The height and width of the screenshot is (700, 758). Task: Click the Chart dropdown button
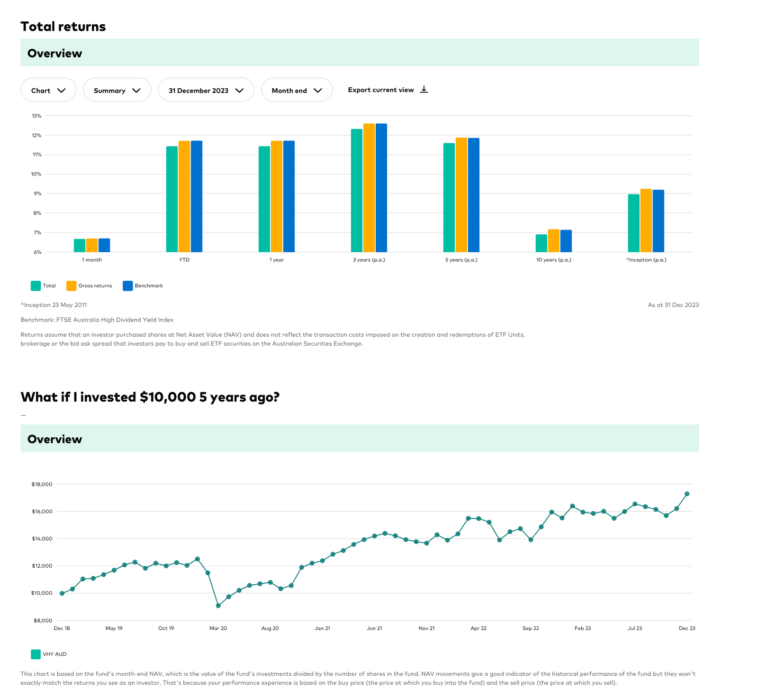point(48,90)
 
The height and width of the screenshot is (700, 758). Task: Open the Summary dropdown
point(117,90)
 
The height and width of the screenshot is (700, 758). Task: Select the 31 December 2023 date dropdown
point(206,90)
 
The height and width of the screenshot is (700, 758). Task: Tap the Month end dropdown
point(297,90)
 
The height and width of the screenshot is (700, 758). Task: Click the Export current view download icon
point(424,90)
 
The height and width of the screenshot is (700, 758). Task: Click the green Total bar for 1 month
point(80,245)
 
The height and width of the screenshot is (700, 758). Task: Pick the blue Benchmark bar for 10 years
point(566,241)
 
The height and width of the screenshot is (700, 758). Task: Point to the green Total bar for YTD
point(172,199)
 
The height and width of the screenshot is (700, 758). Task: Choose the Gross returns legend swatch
point(72,286)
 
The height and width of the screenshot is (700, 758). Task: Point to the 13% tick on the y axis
point(36,116)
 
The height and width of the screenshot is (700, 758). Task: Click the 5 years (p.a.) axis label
point(461,260)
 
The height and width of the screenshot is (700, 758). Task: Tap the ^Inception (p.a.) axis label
point(646,260)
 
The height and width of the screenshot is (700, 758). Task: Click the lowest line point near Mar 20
point(218,606)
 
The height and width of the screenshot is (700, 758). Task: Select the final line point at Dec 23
point(687,494)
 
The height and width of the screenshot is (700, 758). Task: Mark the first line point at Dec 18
point(62,593)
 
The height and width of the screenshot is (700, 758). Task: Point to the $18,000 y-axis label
point(42,484)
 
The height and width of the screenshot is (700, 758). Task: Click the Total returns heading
point(63,27)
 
